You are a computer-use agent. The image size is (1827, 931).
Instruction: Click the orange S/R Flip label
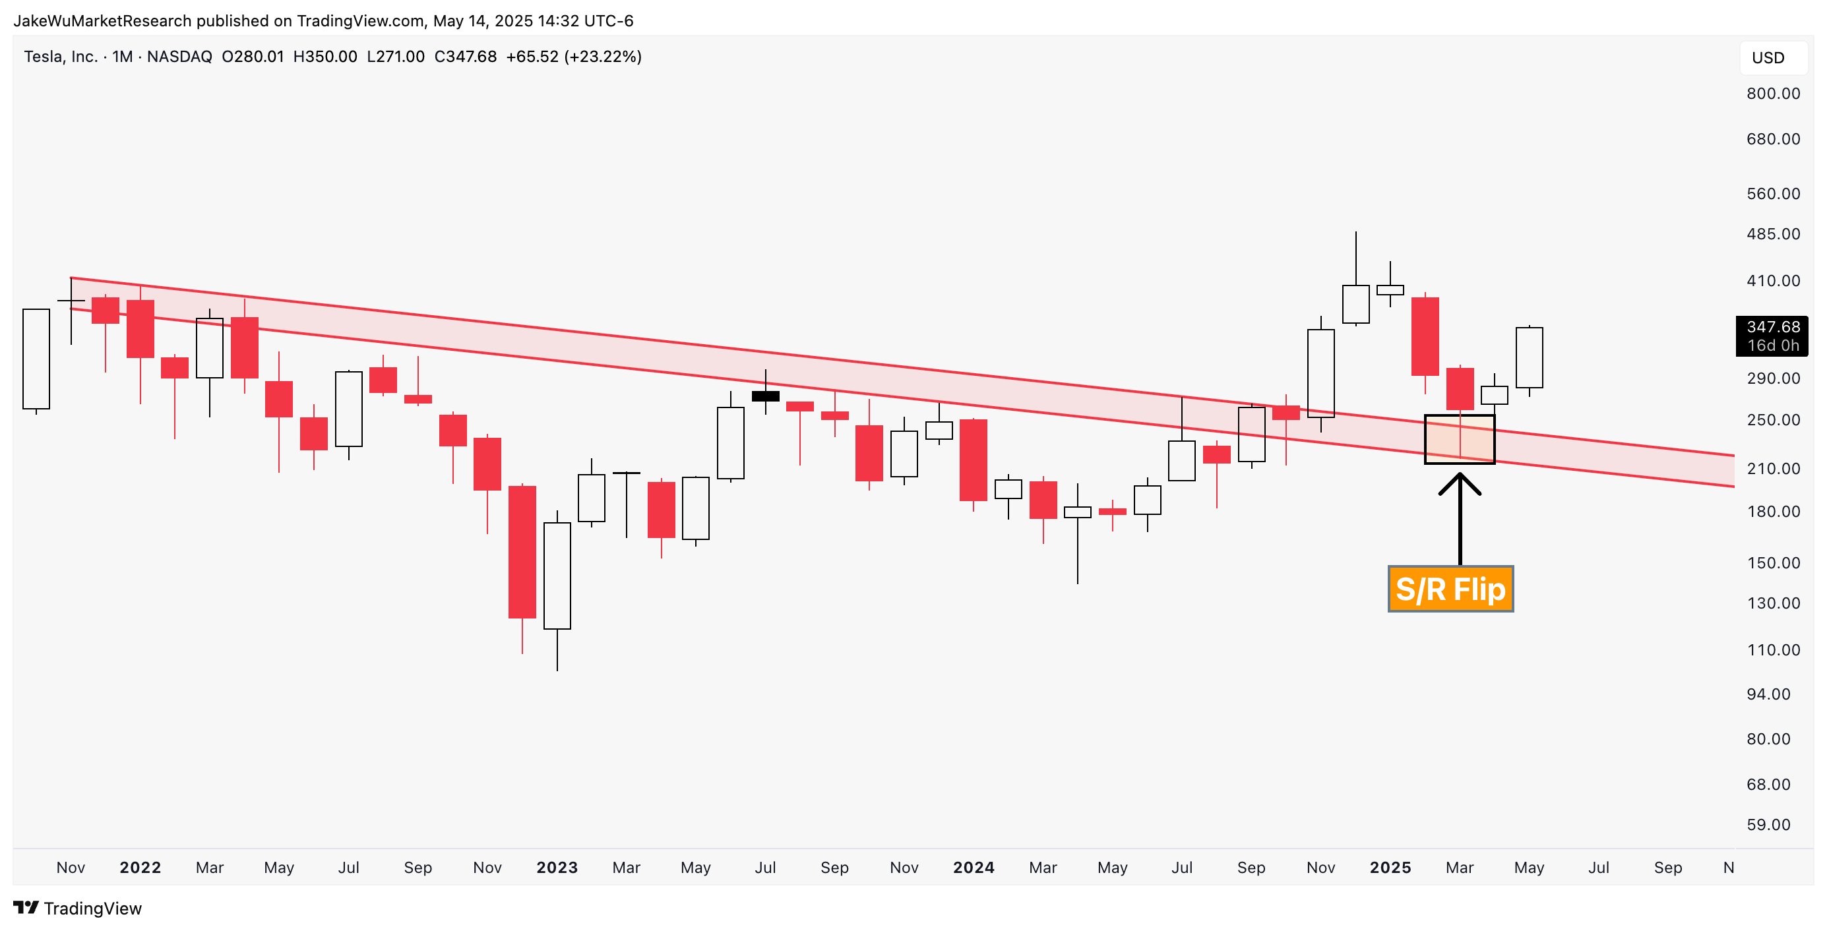tap(1450, 589)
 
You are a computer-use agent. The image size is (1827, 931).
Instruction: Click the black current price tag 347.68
tap(1772, 336)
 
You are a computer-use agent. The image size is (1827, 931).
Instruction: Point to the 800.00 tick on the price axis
tap(1772, 94)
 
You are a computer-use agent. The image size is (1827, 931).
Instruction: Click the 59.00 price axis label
tap(1768, 825)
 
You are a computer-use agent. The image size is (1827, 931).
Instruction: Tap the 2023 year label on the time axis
tap(557, 868)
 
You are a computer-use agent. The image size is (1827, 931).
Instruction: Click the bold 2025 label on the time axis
tap(1390, 868)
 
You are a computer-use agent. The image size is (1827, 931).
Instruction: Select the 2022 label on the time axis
tap(140, 868)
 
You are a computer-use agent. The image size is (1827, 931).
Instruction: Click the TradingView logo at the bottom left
tap(78, 909)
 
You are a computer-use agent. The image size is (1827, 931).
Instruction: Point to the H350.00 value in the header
tap(325, 57)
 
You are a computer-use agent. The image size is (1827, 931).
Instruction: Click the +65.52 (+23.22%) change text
tap(573, 57)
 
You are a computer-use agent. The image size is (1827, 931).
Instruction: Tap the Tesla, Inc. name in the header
tap(60, 57)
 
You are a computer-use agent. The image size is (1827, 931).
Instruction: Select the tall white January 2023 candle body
tap(557, 576)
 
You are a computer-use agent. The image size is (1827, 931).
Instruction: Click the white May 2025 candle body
tap(1529, 357)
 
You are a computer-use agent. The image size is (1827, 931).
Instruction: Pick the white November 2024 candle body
tap(1320, 373)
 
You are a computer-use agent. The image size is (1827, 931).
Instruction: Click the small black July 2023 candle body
tap(765, 396)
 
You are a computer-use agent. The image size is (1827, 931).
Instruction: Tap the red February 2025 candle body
tap(1425, 336)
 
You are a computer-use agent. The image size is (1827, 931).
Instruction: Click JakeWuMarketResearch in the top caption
tap(102, 21)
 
